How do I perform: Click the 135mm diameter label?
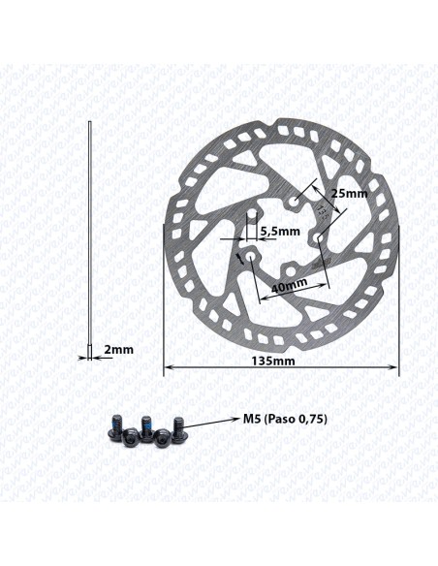[x=273, y=361]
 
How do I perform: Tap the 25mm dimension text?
[x=350, y=194]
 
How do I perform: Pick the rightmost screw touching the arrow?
[x=178, y=428]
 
